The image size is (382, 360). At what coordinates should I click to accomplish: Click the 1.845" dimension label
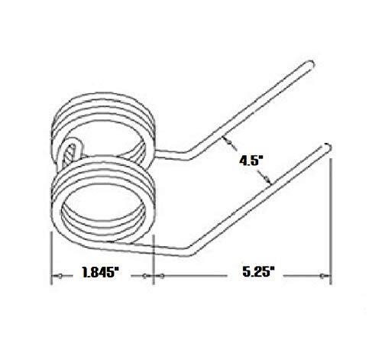pos(101,272)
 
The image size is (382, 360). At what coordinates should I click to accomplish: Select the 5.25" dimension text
pos(257,272)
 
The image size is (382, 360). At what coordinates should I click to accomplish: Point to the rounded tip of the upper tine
pos(310,63)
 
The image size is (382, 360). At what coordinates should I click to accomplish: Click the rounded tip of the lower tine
pos(328,147)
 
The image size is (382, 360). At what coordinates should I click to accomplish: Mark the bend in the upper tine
pos(188,156)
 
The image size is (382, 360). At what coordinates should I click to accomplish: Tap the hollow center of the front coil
pos(104,209)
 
